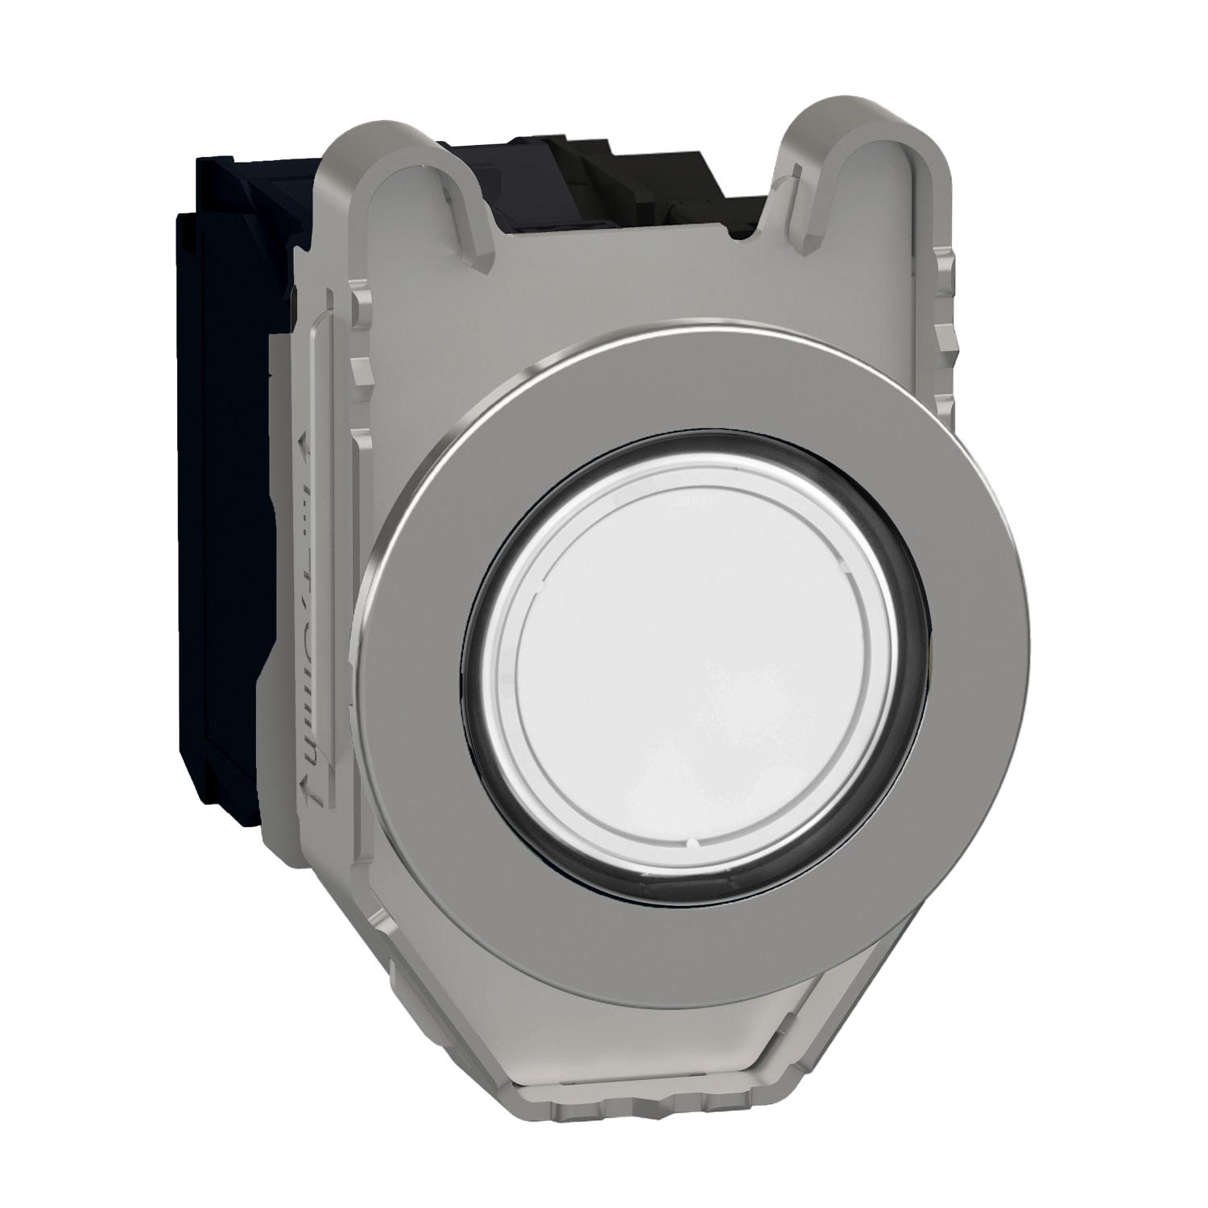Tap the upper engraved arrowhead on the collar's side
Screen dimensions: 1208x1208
point(305,443)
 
